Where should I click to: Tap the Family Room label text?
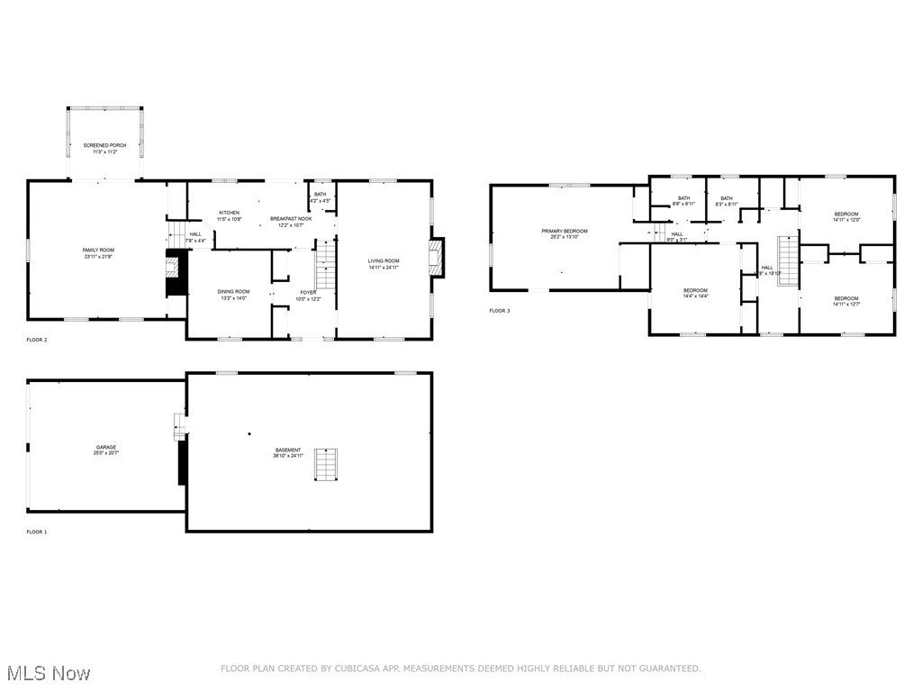98,250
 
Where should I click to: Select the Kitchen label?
229,213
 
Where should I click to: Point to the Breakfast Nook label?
291,219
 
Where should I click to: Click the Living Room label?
384,261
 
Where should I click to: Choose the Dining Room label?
233,291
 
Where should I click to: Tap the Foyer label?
309,291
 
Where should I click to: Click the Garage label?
106,447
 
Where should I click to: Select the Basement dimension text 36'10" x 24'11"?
289,456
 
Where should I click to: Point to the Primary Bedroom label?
565,232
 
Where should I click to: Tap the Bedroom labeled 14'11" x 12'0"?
846,214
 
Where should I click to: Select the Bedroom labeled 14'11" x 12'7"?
846,298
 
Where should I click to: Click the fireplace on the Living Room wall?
436,258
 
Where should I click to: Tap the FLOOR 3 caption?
500,311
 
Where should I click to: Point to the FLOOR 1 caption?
37,533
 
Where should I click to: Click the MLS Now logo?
47,673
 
